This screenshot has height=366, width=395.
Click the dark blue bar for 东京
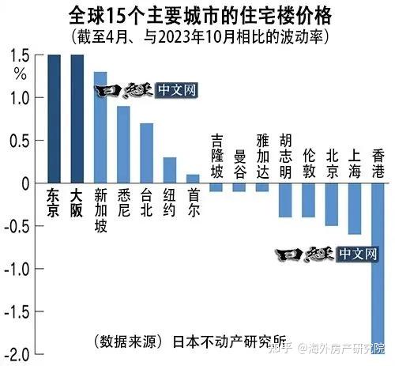tap(54, 119)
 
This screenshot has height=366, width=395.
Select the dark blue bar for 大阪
tap(77, 119)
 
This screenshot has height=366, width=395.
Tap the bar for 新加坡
tap(100, 127)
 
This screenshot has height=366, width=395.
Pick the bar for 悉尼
tap(123, 145)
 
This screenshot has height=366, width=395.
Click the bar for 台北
tap(146, 153)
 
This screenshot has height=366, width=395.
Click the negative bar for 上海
tap(355, 209)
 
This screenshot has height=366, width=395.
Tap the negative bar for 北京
tap(332, 204)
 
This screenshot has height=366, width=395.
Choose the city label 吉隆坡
tap(216, 156)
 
